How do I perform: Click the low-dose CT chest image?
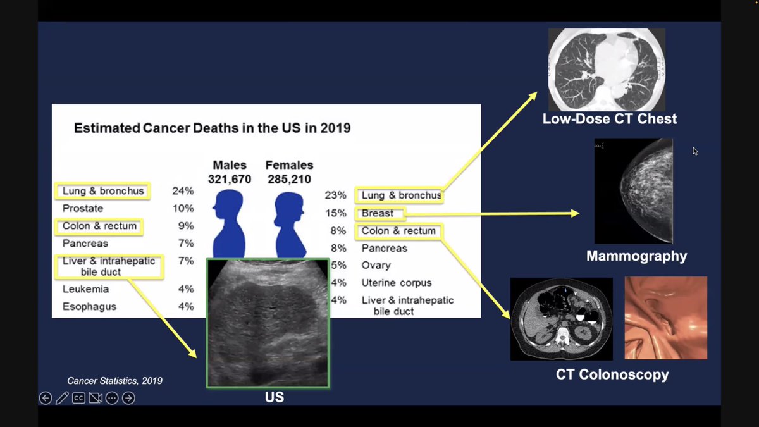606,69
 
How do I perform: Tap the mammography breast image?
633,191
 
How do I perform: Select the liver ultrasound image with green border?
268,322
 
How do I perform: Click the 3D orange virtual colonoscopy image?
665,318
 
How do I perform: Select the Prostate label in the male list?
83,208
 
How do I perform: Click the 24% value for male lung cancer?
183,190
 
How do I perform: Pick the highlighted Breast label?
378,213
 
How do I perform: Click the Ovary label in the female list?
376,266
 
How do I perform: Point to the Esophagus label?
89,307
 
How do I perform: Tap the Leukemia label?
85,289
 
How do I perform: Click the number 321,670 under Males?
230,180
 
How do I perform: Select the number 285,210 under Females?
289,180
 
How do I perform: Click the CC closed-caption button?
78,398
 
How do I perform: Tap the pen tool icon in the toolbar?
62,398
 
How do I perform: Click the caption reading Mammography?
636,256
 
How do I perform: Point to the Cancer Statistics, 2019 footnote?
115,381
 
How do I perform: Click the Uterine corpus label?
397,283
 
